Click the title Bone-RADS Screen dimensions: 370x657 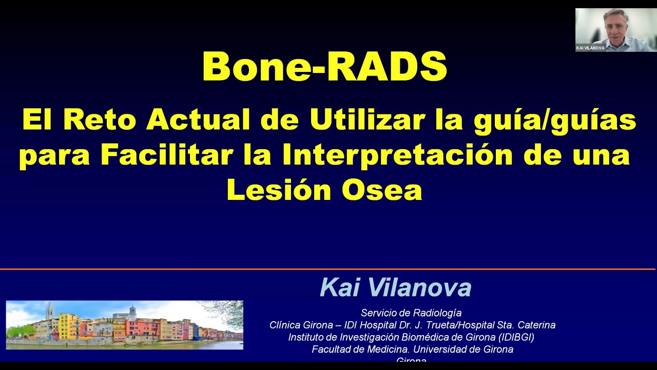click(x=324, y=67)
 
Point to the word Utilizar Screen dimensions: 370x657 click(x=368, y=121)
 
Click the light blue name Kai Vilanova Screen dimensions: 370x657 click(x=395, y=288)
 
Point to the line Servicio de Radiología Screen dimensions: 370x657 click(x=411, y=313)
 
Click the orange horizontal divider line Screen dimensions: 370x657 click(x=328, y=269)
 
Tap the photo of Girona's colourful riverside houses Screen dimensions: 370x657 click(x=124, y=325)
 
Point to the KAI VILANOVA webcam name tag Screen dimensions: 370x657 click(x=590, y=48)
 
